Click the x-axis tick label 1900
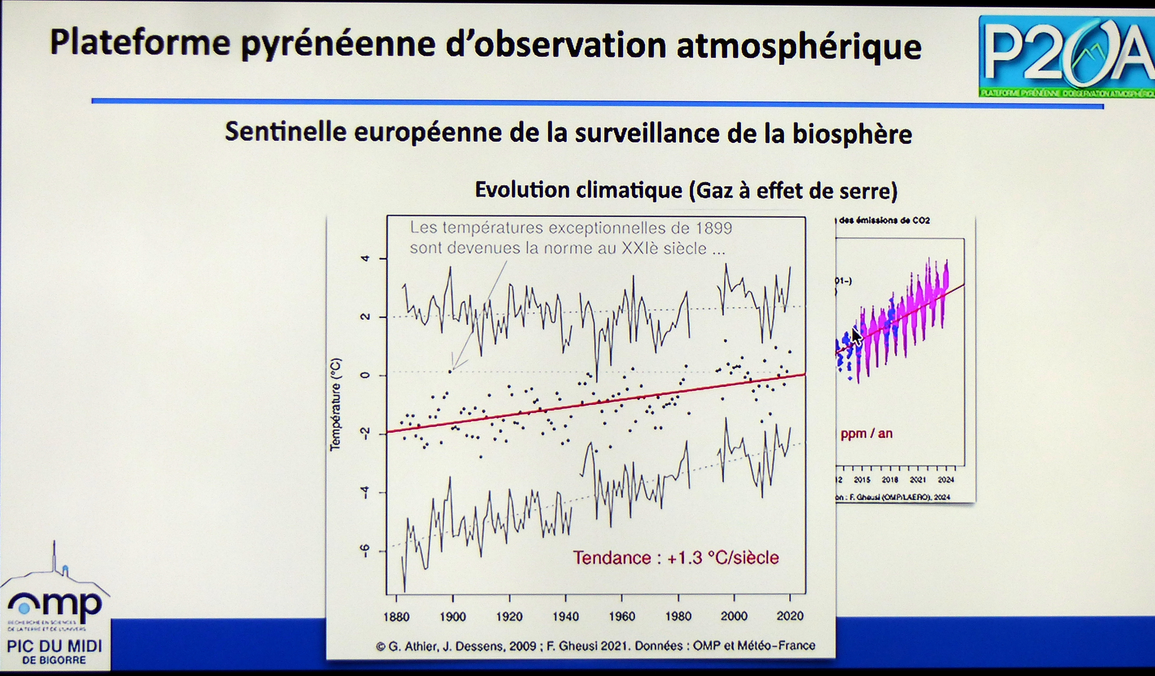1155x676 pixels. tap(453, 617)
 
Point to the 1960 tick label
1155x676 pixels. tap(622, 617)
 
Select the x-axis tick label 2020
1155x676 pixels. tap(790, 616)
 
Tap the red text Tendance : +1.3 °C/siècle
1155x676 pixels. tap(676, 558)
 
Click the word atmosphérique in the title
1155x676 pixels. tap(799, 46)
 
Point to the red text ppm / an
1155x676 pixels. tap(866, 433)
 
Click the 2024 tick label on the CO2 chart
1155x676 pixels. tap(946, 480)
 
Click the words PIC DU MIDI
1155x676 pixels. tap(55, 646)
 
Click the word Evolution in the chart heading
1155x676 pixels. tap(521, 190)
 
